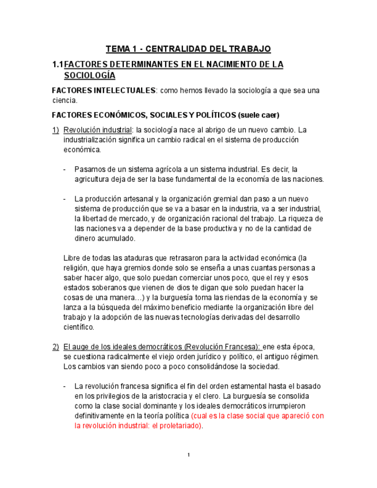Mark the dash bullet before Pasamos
click(66, 169)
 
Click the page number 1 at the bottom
click(188, 456)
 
